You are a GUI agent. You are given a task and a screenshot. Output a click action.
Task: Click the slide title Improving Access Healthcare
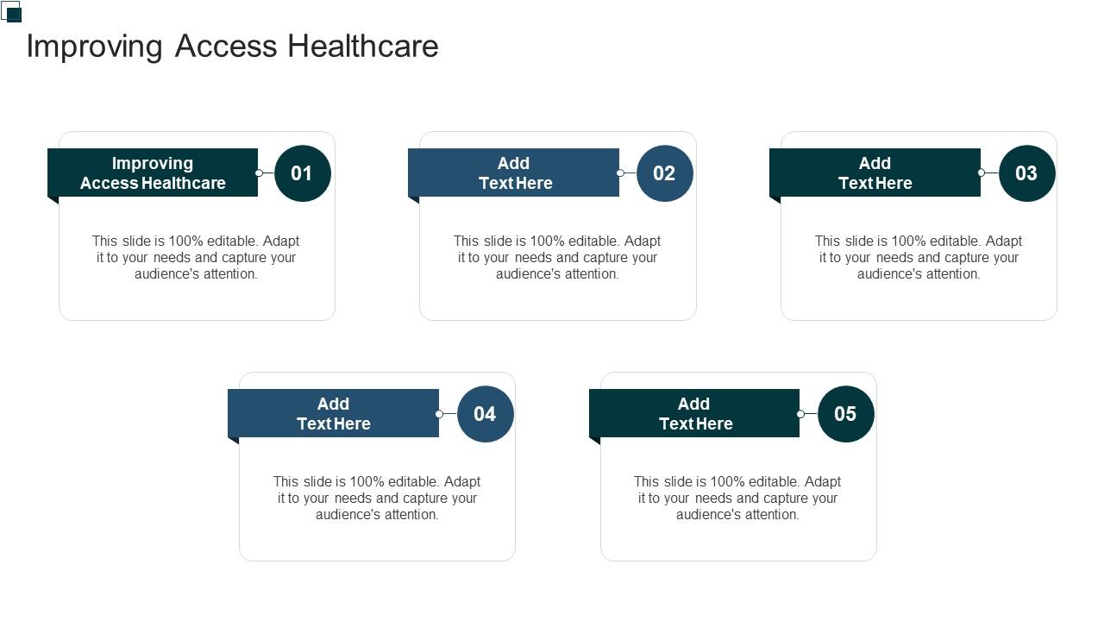(x=232, y=46)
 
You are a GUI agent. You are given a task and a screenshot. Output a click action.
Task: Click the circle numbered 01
(x=302, y=173)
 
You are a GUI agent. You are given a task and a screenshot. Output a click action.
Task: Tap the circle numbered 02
(x=664, y=173)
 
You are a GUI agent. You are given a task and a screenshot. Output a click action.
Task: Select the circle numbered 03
(x=1026, y=173)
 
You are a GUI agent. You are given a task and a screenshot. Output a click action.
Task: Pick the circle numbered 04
(x=485, y=414)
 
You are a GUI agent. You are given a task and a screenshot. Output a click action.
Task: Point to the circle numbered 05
(x=845, y=414)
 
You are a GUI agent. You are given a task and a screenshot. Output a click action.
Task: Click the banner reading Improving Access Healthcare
(x=153, y=172)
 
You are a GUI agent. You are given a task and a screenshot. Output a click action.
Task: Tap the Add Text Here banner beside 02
(x=514, y=172)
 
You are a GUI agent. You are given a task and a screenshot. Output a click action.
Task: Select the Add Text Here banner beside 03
(x=875, y=172)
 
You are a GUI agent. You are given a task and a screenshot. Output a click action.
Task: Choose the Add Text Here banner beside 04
(x=334, y=413)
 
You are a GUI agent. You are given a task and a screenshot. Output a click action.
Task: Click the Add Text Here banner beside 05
(x=694, y=413)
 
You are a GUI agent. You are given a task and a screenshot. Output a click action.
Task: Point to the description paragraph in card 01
(x=196, y=257)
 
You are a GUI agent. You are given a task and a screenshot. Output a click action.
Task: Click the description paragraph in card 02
(x=557, y=257)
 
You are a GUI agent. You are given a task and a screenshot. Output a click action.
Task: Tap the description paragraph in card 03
(x=919, y=257)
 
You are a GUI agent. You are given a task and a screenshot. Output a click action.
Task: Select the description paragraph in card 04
(x=377, y=498)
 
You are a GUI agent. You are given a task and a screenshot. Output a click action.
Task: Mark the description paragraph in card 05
(x=737, y=498)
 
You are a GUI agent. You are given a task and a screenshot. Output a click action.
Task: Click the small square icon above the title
(x=12, y=12)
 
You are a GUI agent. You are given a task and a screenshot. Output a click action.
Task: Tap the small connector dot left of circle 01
(x=259, y=173)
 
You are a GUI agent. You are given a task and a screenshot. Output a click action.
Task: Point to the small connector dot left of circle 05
(x=800, y=414)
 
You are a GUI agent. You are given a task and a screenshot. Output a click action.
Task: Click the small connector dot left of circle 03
(x=982, y=173)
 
